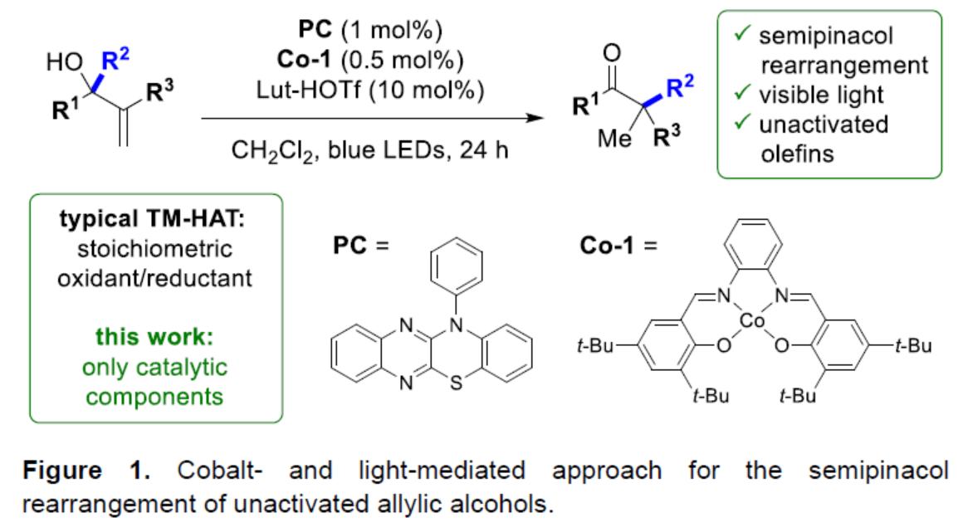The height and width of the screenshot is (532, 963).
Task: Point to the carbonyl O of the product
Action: pos(613,54)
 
